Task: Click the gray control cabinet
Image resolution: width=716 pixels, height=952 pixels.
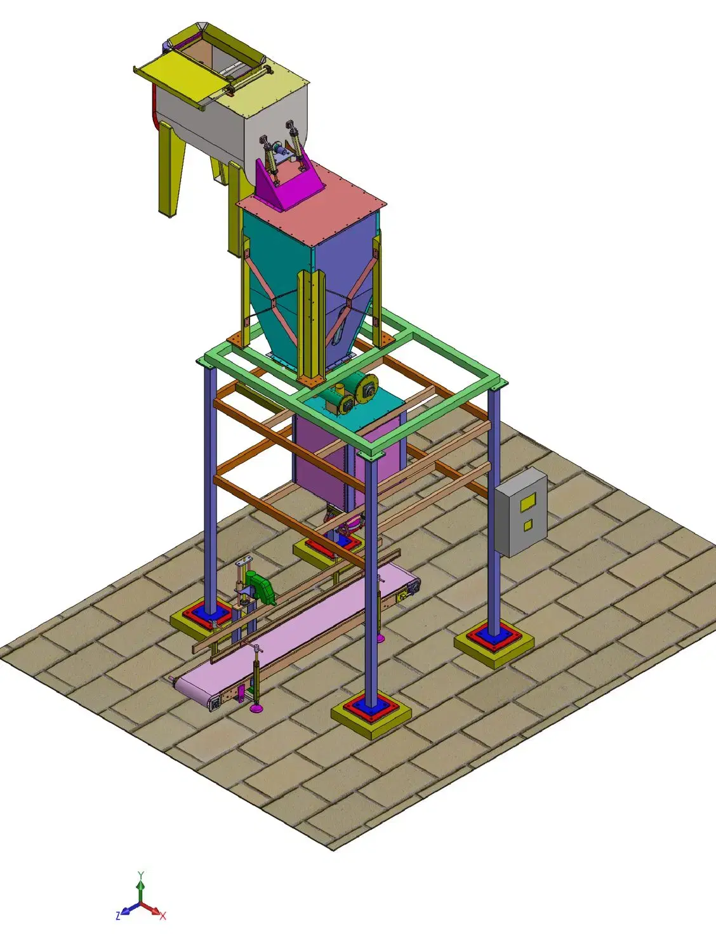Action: click(x=521, y=512)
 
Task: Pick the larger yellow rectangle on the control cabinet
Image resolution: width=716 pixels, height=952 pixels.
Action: click(x=529, y=501)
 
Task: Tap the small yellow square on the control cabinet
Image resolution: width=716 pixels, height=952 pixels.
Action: click(x=527, y=526)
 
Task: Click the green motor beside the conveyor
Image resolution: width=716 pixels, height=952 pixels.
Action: click(x=260, y=587)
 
